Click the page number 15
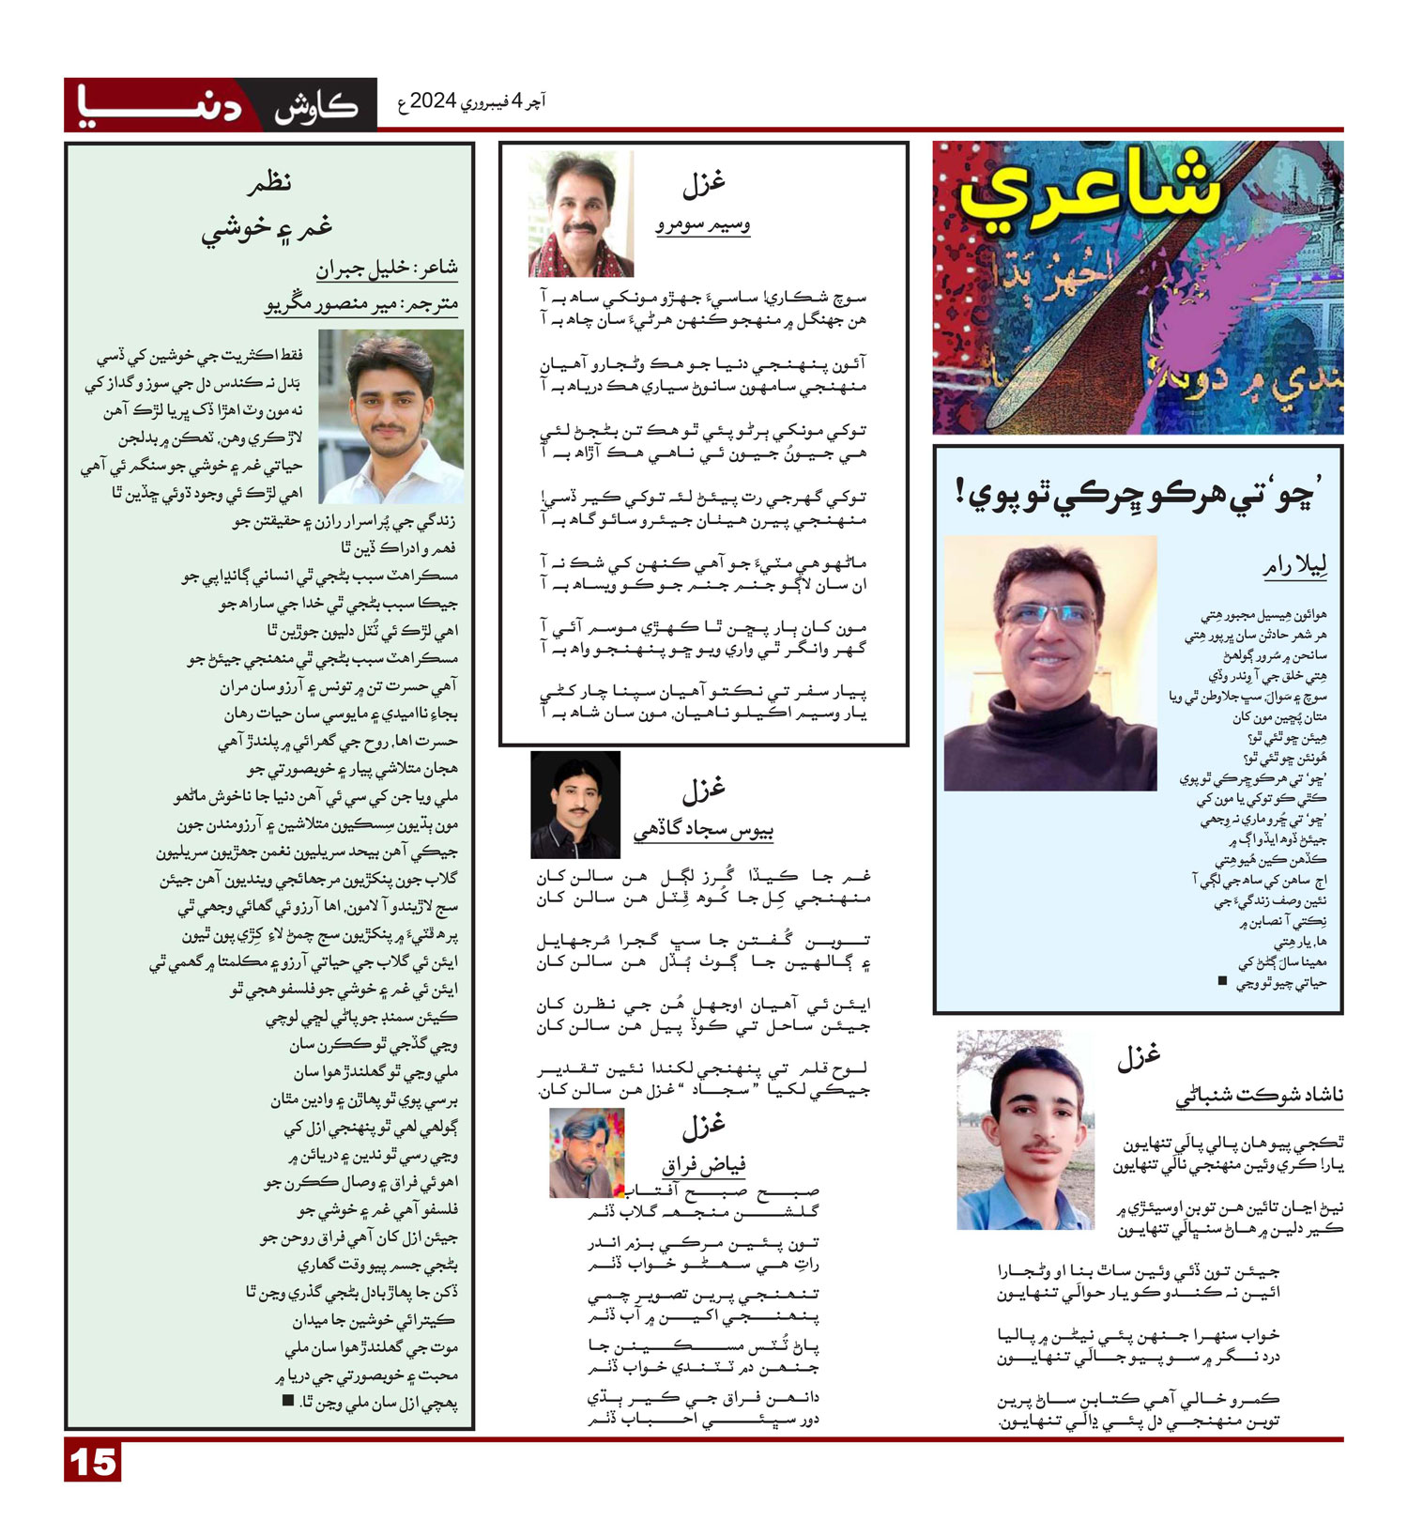click(93, 1463)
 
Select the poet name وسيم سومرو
click(702, 225)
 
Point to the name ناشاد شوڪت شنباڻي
click(1259, 1096)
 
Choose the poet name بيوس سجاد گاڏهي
click(703, 830)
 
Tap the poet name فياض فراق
click(704, 1165)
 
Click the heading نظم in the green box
click(269, 181)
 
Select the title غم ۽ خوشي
click(268, 228)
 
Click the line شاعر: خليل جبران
click(386, 269)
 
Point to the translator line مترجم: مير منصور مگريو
click(361, 304)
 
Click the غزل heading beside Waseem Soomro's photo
click(703, 183)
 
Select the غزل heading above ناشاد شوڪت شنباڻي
click(1139, 1057)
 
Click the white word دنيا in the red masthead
click(160, 105)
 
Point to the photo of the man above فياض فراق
click(587, 1152)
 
